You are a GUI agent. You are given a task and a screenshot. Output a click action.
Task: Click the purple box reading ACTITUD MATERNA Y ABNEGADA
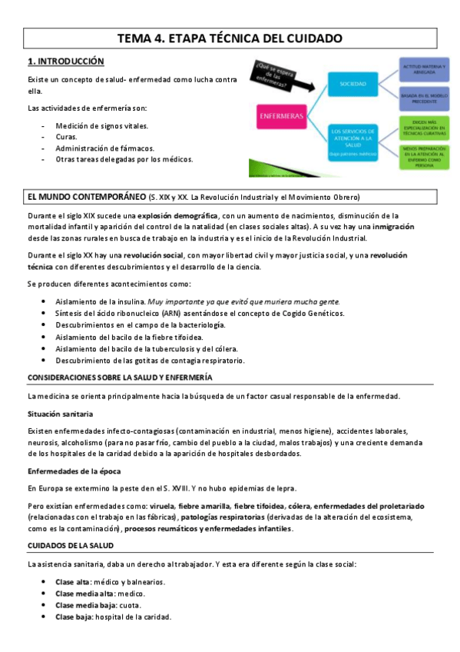tap(423, 70)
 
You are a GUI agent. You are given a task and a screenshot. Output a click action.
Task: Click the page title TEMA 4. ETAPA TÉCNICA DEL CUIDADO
tap(230, 38)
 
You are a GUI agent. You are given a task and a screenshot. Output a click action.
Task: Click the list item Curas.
tap(66, 137)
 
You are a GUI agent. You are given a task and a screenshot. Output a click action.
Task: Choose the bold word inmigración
tap(389, 227)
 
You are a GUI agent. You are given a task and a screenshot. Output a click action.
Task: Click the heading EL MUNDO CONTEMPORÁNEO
tap(86, 196)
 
